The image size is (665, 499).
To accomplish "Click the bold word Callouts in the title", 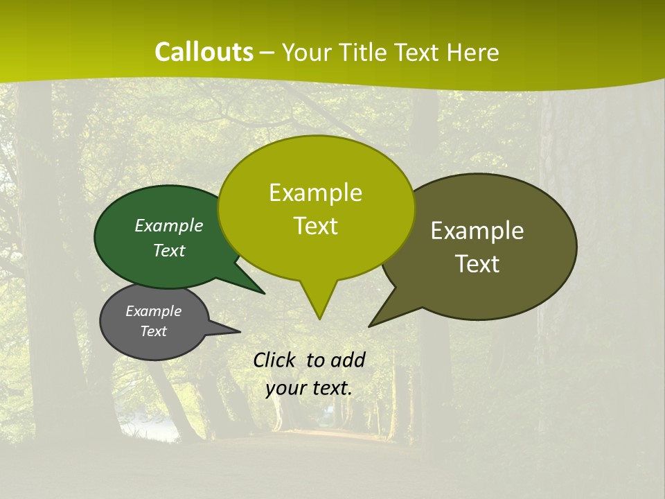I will coord(204,52).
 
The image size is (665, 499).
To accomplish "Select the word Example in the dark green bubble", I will coord(168,225).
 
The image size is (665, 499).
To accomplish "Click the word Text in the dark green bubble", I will coord(168,250).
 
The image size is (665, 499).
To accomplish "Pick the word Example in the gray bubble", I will coord(153,311).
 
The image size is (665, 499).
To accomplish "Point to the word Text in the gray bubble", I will coord(153,331).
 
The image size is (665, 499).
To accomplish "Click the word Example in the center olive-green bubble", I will coord(315,193).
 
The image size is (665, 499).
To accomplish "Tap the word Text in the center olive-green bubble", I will coord(315,226).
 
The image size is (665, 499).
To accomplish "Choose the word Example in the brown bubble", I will coord(477,231).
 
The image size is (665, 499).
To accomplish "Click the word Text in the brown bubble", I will coord(477,264).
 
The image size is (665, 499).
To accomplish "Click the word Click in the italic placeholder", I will coord(275,360).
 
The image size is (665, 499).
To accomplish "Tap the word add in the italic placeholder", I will coord(348,360).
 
